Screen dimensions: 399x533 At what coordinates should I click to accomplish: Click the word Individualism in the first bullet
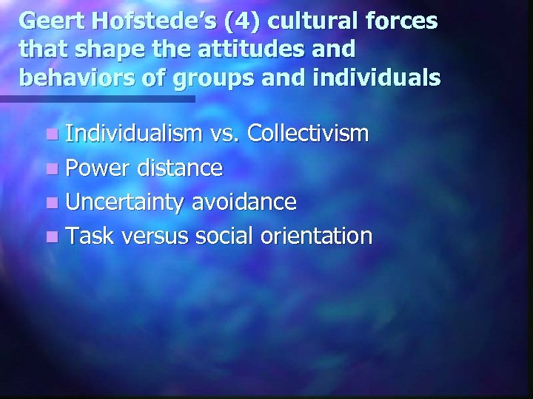click(134, 134)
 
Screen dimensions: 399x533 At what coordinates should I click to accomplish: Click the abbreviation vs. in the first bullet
click(225, 134)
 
